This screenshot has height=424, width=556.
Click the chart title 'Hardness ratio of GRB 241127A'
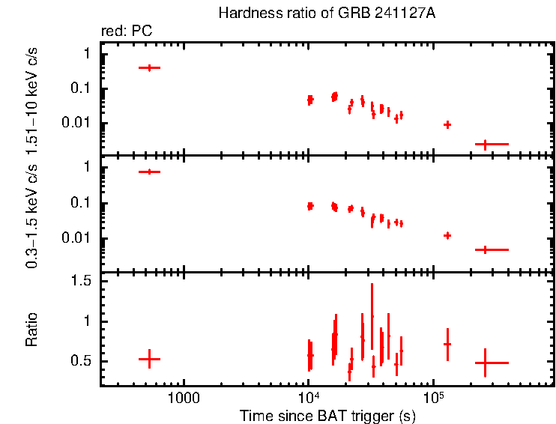coord(326,13)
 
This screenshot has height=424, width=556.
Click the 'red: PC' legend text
coord(133,31)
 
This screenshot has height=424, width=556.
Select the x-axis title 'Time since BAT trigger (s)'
coord(327,415)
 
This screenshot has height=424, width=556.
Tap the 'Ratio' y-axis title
coord(32,329)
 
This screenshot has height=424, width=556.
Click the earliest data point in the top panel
coord(150,67)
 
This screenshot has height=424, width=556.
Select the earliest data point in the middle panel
coord(150,172)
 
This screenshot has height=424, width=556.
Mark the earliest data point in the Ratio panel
coord(150,359)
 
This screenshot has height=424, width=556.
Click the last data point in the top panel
coord(486,143)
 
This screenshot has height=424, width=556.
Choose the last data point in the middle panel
coord(486,249)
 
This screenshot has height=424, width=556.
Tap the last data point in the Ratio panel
coord(486,363)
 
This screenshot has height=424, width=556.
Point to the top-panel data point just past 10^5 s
coord(447,124)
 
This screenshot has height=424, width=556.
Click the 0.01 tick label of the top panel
coord(79,123)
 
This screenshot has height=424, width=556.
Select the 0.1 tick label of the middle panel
coord(82,203)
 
